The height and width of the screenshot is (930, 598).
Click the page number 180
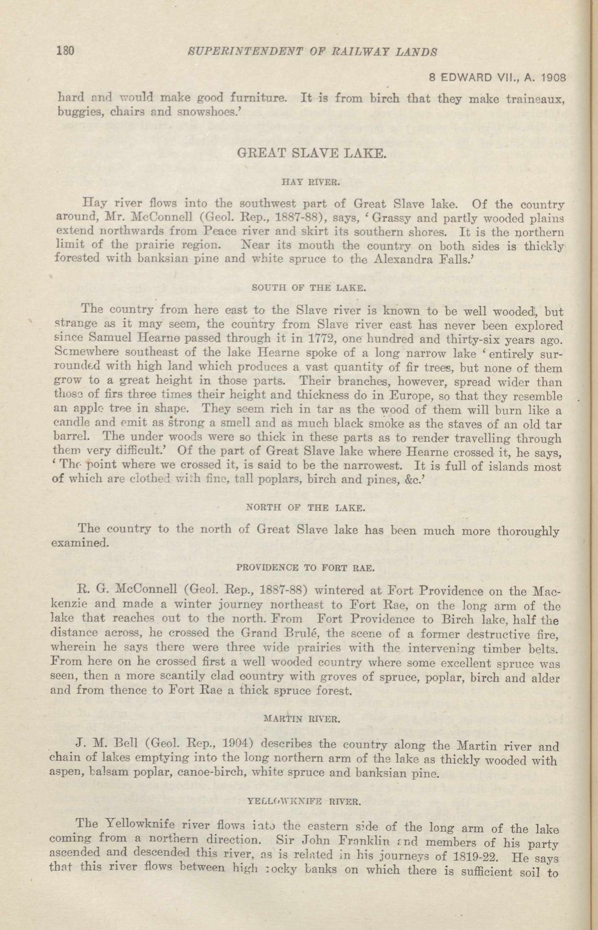coord(65,51)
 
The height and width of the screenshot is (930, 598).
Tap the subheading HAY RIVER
coord(311,182)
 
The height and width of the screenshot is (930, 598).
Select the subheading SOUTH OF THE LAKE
coord(309,288)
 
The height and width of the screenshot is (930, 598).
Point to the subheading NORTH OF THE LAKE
coord(305,508)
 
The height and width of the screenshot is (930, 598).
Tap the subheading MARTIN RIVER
coord(301,719)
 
